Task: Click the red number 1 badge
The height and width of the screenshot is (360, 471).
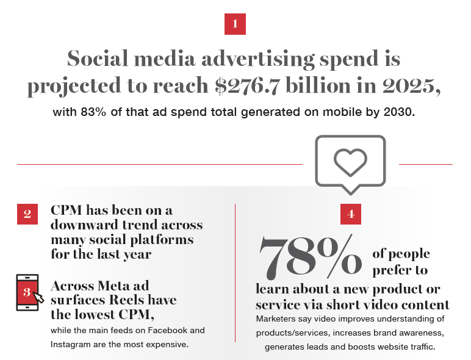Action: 235,24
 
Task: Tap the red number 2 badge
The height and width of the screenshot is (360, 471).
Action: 27,214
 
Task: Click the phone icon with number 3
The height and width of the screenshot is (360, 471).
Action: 27,292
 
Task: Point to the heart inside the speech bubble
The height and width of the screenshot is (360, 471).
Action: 350,160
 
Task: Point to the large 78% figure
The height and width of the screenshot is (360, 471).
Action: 311,255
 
